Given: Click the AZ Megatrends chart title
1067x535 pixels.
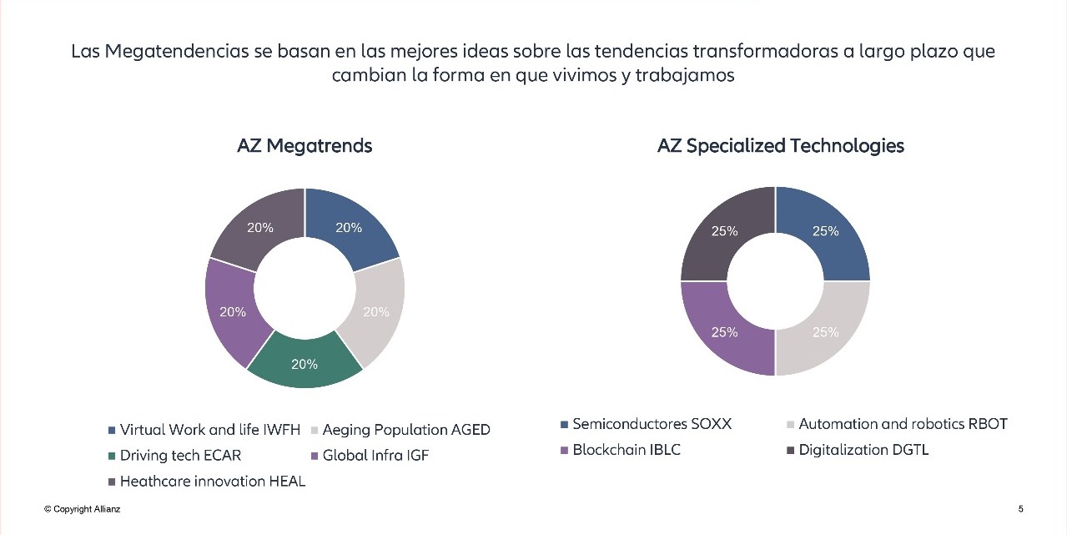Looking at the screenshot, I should [x=304, y=146].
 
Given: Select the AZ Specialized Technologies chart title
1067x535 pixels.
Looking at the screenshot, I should [x=780, y=146].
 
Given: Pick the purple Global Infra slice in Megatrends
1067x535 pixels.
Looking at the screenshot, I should [x=231, y=310].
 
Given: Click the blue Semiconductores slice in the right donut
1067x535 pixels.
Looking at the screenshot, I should [x=824, y=232].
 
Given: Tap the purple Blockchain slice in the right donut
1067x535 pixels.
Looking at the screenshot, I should [x=724, y=331].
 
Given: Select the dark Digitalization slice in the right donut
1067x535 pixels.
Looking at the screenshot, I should [x=724, y=232].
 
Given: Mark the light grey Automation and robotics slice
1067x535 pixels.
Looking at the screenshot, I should [x=824, y=331].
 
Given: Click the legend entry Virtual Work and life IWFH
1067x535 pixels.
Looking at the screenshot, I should [x=209, y=430].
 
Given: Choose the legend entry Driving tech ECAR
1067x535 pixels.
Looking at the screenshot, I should [x=180, y=456].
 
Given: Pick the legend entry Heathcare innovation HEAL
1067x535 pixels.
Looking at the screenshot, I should [x=212, y=482].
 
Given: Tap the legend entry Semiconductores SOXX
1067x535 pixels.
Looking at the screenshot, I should [x=652, y=424].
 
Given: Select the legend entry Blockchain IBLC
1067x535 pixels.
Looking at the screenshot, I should [x=626, y=450].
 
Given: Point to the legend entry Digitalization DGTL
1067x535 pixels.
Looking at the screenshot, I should [x=863, y=450].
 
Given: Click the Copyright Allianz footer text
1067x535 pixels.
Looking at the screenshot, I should [x=83, y=509].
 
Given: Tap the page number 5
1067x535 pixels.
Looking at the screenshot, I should [x=1021, y=509].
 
